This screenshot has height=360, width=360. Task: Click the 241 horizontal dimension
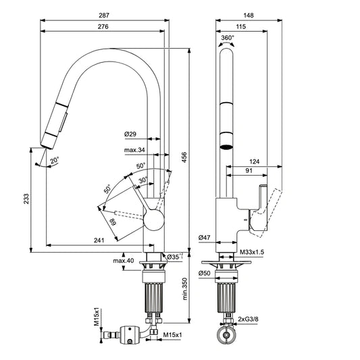100,239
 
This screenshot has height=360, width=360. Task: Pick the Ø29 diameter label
131,135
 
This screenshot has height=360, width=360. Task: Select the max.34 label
134,150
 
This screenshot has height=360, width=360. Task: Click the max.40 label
123,261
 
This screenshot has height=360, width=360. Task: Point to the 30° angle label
143,180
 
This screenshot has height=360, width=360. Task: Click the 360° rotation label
228,38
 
